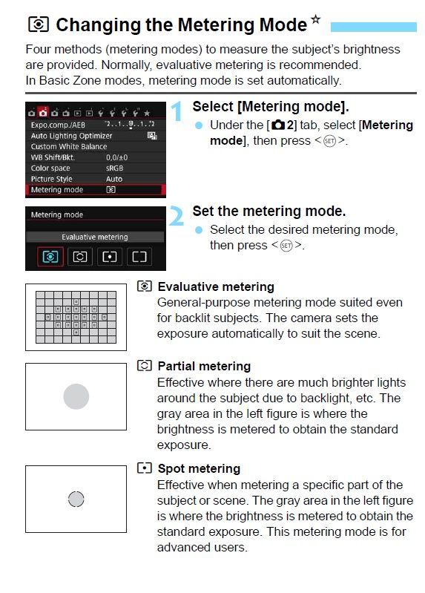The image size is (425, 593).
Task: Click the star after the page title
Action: pyautogui.click(x=315, y=19)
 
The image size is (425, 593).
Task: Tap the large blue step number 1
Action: pyautogui.click(x=177, y=111)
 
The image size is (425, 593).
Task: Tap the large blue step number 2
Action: pyautogui.click(x=176, y=216)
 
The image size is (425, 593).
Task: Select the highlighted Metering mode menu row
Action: pyautogui.click(x=95, y=190)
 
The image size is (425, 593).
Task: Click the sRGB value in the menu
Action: pyautogui.click(x=114, y=168)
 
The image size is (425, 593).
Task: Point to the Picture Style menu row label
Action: pyautogui.click(x=51, y=179)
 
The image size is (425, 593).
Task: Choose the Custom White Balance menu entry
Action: pyautogui.click(x=69, y=146)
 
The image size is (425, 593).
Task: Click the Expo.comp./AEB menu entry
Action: pyautogui.click(x=58, y=125)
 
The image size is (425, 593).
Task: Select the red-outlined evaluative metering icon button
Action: pyautogui.click(x=50, y=257)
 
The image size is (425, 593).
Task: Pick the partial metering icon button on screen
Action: pyautogui.click(x=80, y=257)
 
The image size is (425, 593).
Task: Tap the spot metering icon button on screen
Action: pyautogui.click(x=109, y=257)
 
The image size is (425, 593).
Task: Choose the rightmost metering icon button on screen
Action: pyautogui.click(x=139, y=257)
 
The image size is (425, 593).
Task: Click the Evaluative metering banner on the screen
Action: pyautogui.click(x=95, y=237)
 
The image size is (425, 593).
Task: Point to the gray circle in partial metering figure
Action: pyautogui.click(x=76, y=396)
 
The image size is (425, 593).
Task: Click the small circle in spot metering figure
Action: pyautogui.click(x=76, y=499)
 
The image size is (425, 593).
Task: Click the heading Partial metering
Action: pyautogui.click(x=204, y=366)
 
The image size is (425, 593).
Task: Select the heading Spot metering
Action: pyautogui.click(x=199, y=468)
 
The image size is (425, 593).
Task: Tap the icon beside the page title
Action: pyautogui.click(x=39, y=24)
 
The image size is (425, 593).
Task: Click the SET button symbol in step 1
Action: pyautogui.click(x=330, y=141)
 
